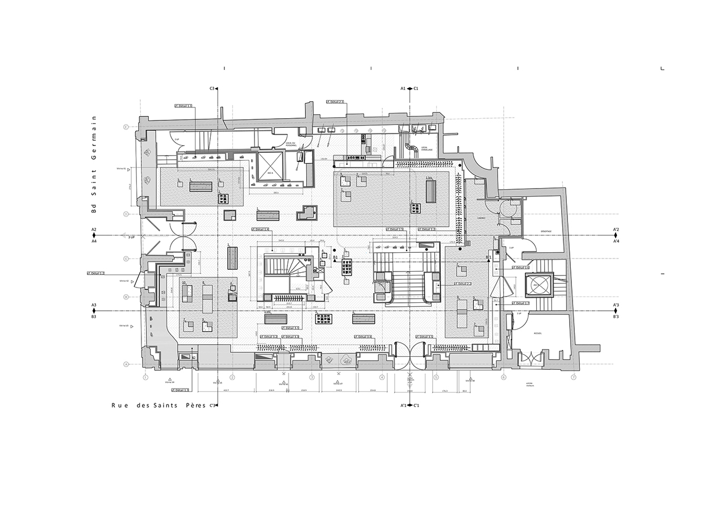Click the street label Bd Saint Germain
(95, 164)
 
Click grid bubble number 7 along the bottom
(574, 377)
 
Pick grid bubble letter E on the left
(126, 127)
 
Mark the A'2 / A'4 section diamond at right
(616, 235)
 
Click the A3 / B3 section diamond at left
(94, 311)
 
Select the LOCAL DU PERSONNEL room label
(291, 145)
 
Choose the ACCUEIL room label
(538, 333)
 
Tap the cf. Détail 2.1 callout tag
(335, 102)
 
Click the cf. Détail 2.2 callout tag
(462, 283)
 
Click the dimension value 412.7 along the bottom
(225, 391)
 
